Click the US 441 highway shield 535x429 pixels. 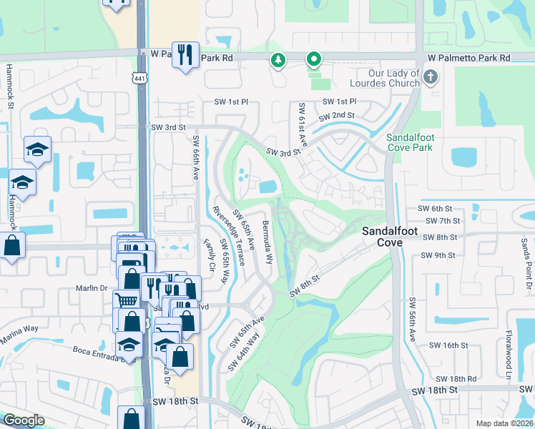point(139,77)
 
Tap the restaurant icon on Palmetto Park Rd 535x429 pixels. point(185,54)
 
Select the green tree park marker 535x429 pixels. point(278,61)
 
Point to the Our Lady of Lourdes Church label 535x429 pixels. point(385,78)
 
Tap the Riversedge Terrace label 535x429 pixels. point(229,235)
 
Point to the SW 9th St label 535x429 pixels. point(438,255)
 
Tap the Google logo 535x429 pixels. point(24,420)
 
